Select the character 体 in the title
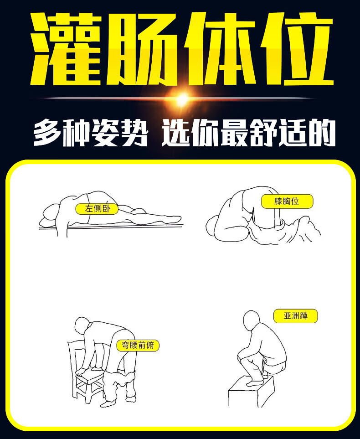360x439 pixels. (219, 49)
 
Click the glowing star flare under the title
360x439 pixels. (182, 98)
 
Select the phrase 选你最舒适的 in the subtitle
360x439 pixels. (248, 132)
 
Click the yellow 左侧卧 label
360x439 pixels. (96, 209)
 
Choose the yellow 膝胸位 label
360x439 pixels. (287, 201)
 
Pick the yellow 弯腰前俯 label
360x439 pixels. (138, 345)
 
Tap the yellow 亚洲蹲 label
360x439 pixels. (295, 315)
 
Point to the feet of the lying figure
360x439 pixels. (175, 220)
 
